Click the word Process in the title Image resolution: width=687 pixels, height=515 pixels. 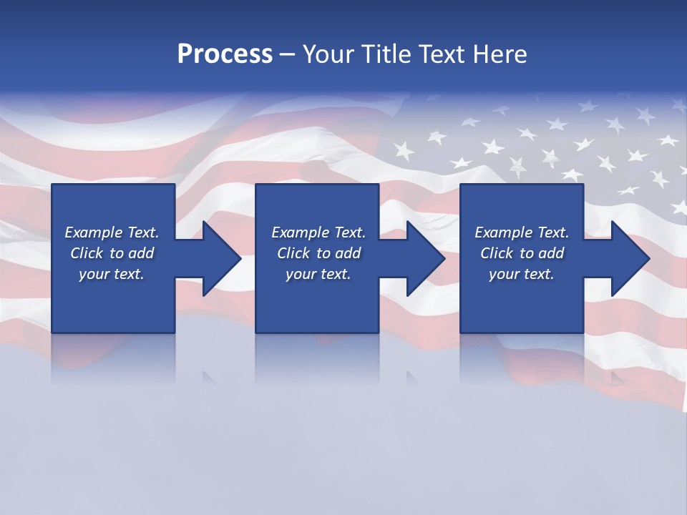click(x=225, y=54)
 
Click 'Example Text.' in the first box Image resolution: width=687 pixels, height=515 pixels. click(x=112, y=232)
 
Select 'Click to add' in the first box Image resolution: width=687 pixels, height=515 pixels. click(x=112, y=253)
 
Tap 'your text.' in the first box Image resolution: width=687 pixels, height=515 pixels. click(x=112, y=274)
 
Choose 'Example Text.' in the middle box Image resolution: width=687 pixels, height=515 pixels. click(x=318, y=232)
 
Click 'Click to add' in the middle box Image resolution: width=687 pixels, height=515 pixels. click(x=318, y=253)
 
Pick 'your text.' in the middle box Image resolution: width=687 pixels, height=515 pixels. click(x=318, y=274)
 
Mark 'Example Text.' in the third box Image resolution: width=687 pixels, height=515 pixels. click(x=522, y=232)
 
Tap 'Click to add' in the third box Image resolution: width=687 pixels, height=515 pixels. click(x=522, y=253)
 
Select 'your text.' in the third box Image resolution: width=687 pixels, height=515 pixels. click(x=522, y=274)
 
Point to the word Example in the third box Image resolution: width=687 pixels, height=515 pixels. click(x=504, y=232)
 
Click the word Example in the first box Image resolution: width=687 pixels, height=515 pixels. click(x=94, y=232)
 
